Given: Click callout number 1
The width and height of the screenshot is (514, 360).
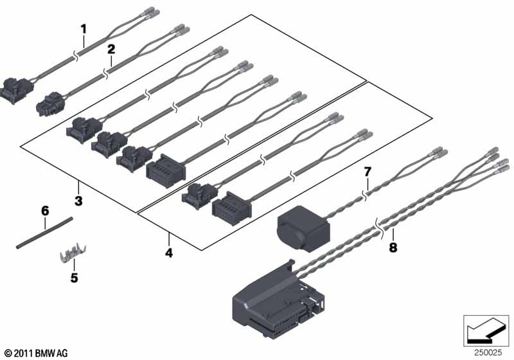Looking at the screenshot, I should pyautogui.click(x=83, y=28).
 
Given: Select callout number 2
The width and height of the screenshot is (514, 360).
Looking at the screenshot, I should pyautogui.click(x=111, y=49).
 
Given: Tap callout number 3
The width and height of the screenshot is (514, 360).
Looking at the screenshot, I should pyautogui.click(x=78, y=201).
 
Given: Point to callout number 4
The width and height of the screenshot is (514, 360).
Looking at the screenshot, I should pyautogui.click(x=169, y=253).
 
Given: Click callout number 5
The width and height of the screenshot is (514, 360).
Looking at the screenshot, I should pyautogui.click(x=74, y=278).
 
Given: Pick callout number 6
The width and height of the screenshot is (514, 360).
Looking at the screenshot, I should pyautogui.click(x=45, y=210).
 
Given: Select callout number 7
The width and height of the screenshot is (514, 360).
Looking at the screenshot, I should pyautogui.click(x=368, y=172).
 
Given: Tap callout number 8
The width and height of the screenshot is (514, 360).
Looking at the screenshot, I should pyautogui.click(x=393, y=247).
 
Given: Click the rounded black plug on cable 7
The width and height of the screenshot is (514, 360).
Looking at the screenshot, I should pyautogui.click(x=301, y=227).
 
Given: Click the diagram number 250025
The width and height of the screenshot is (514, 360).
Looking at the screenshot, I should pyautogui.click(x=488, y=352).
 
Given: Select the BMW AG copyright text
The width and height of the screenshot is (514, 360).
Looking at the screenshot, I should pyautogui.click(x=35, y=353).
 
